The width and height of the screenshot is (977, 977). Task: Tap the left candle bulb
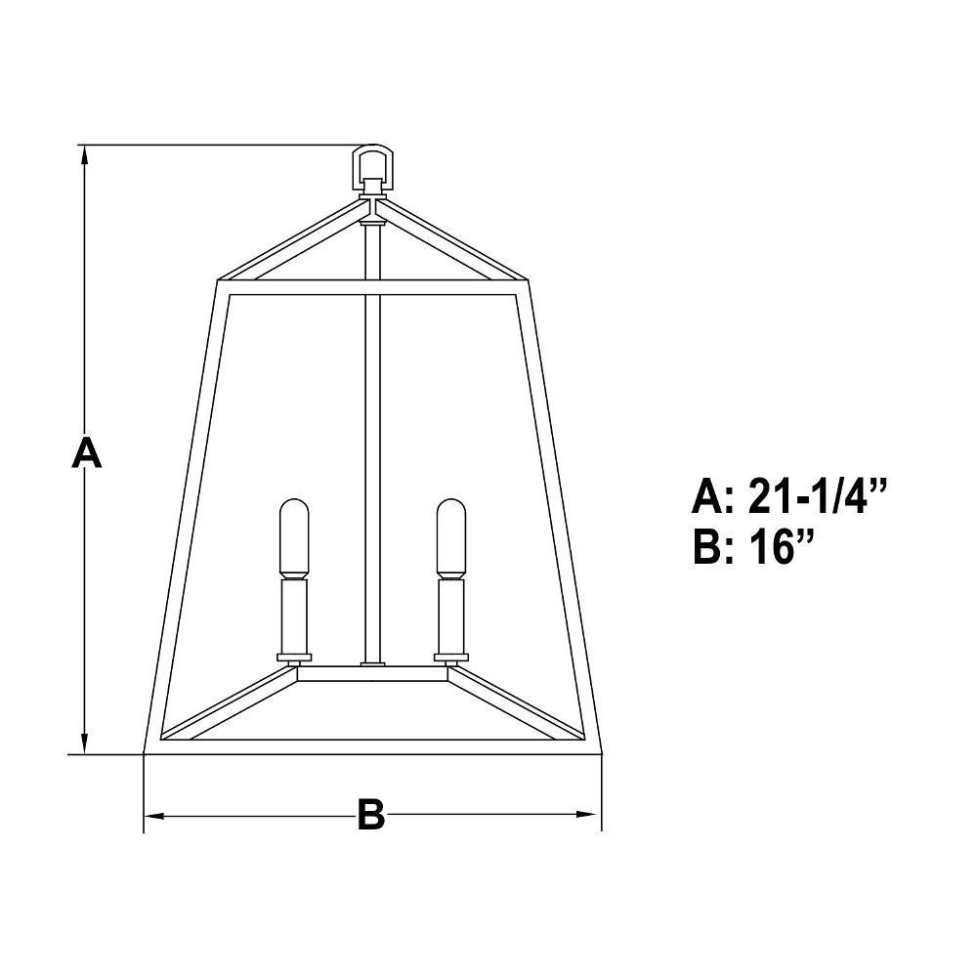coord(294,536)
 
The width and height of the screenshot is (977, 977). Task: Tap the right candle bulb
coord(450,536)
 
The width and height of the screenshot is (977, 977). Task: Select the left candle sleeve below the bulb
coord(294,615)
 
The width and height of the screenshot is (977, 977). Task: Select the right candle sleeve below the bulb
coord(450,615)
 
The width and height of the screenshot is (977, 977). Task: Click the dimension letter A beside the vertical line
coord(86,452)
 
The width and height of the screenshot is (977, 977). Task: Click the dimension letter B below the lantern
coord(370,814)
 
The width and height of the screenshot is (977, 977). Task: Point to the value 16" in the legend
coord(781,546)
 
